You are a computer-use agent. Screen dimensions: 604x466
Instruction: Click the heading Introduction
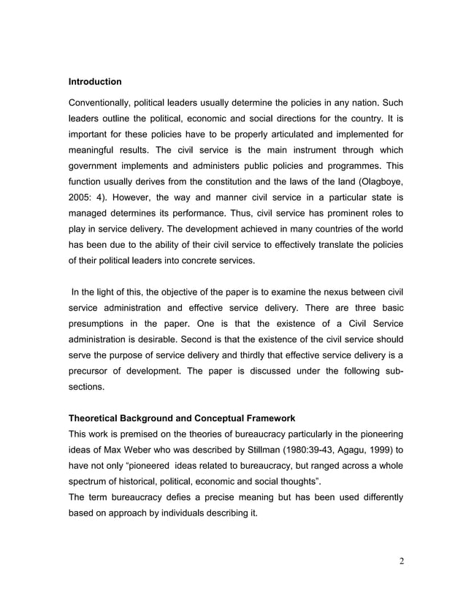[95, 80]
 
